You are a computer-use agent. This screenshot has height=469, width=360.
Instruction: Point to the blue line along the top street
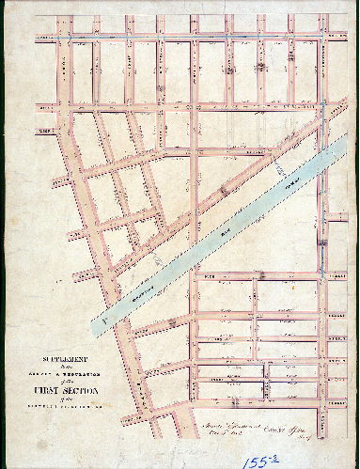188,37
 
